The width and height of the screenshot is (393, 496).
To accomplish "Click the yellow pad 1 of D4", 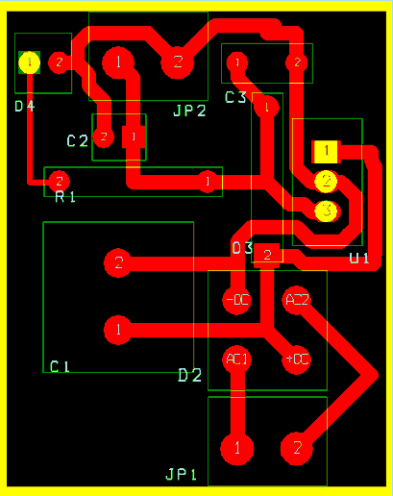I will [29, 62].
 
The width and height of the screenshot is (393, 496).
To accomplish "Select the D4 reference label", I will [25, 106].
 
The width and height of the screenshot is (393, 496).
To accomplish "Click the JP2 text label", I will [189, 111].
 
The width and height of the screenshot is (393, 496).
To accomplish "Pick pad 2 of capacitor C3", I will [298, 63].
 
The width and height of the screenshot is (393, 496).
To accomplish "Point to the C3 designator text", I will [235, 97].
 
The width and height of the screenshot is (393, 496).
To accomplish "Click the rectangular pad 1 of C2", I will [133, 136].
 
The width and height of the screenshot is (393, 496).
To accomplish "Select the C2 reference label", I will [78, 141].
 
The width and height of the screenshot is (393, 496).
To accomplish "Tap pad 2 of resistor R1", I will [59, 180].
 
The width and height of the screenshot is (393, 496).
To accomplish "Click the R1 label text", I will [65, 197].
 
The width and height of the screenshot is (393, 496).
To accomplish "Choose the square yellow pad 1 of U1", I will [327, 151].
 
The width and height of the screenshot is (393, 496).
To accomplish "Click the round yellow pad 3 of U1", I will [326, 210].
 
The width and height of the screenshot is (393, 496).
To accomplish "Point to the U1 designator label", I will [358, 258].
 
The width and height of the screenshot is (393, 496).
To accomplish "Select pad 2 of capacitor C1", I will [118, 262].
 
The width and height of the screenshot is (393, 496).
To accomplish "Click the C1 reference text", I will [60, 366].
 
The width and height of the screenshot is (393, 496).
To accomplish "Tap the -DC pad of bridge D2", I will [236, 300].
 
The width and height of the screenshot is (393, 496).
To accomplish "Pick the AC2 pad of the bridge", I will [298, 300].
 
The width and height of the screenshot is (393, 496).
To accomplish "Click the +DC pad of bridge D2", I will [297, 360].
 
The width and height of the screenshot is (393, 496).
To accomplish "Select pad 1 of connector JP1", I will [236, 448].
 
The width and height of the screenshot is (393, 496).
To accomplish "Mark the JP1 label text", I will [181, 475].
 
